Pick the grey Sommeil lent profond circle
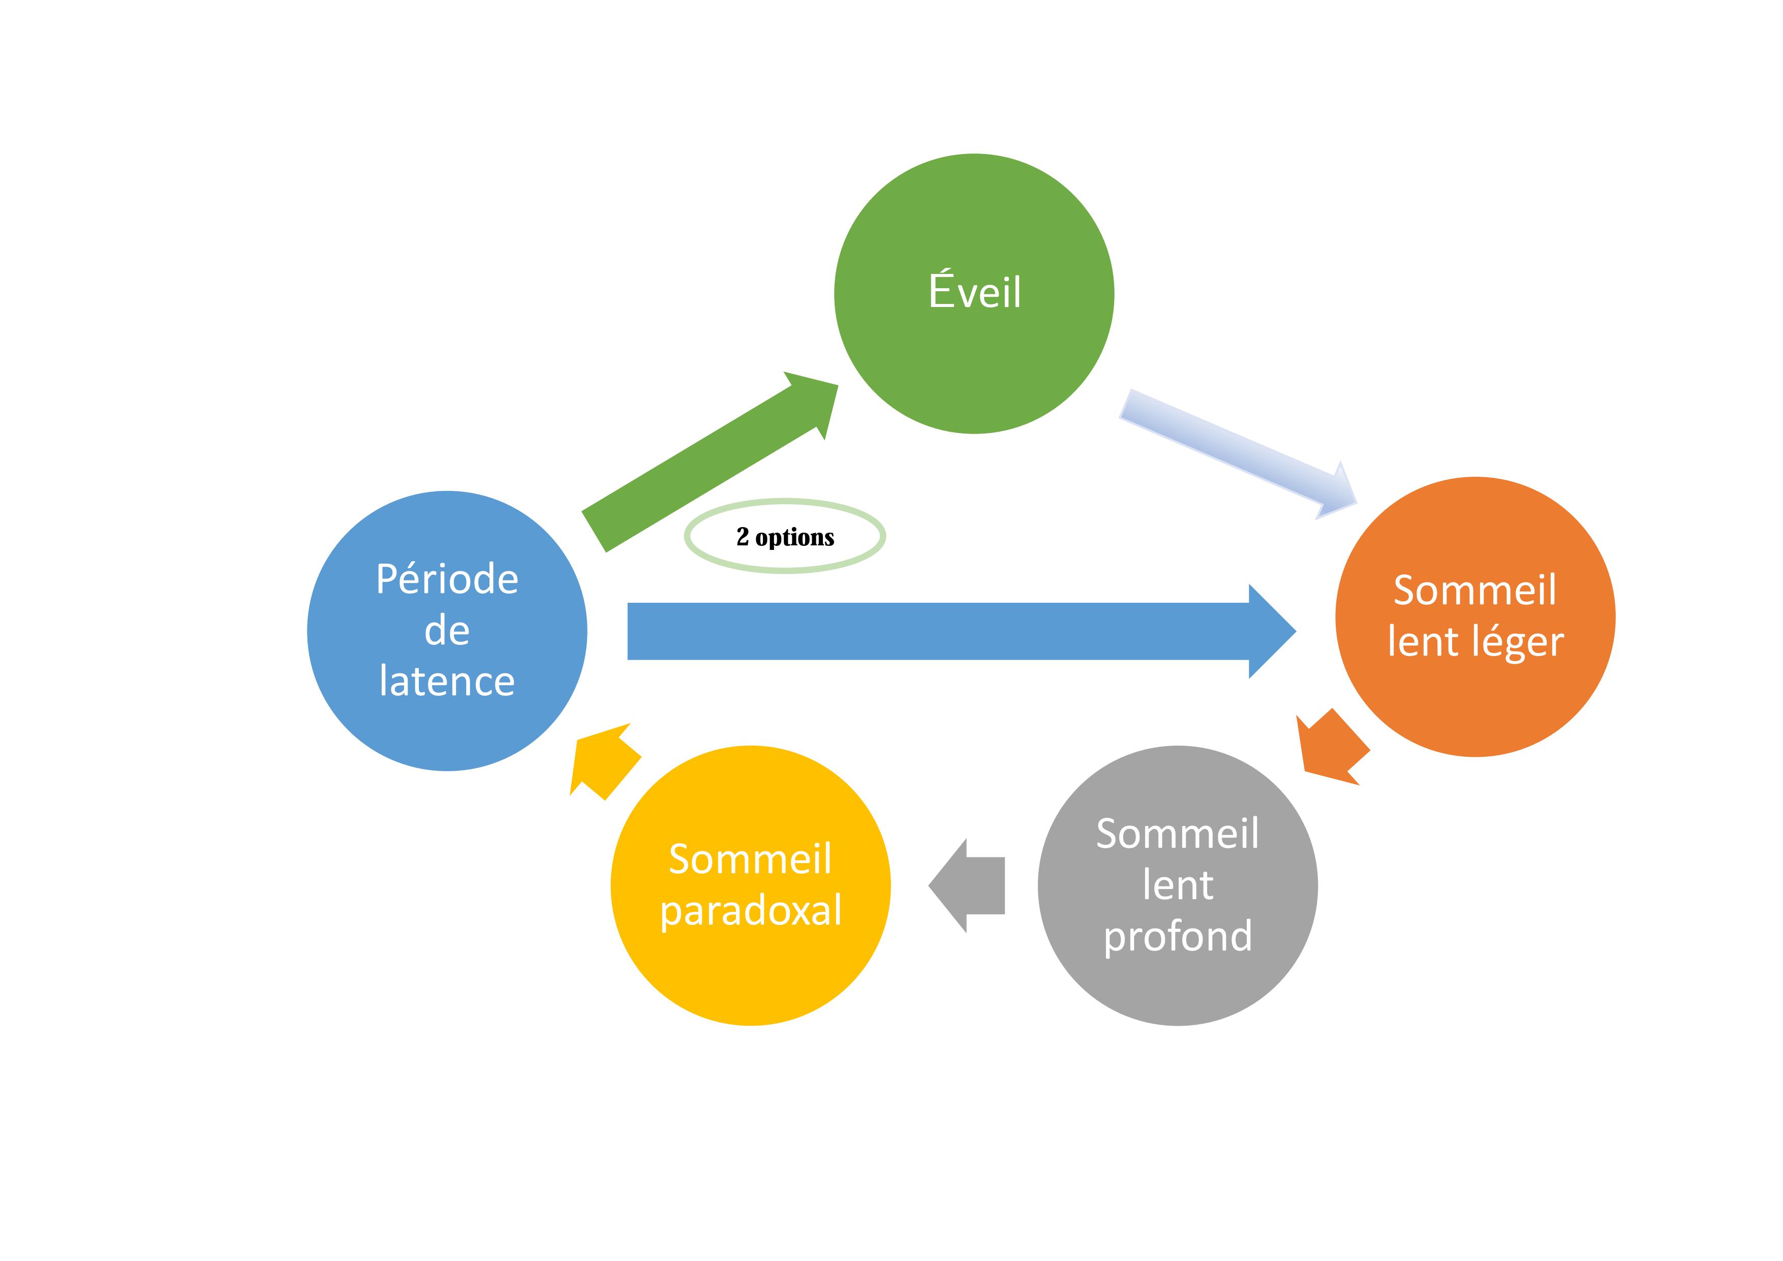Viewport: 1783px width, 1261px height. (x=1177, y=986)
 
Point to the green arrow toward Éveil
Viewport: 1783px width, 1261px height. (x=711, y=466)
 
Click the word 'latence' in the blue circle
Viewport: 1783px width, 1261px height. (x=447, y=682)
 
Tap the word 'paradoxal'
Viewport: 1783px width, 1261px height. (x=751, y=910)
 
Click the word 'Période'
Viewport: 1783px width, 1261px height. (x=447, y=579)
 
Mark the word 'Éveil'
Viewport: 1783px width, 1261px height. (x=974, y=292)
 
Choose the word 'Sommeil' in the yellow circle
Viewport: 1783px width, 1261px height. (x=750, y=859)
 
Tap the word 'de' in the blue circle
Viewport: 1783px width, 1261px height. (x=447, y=630)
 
